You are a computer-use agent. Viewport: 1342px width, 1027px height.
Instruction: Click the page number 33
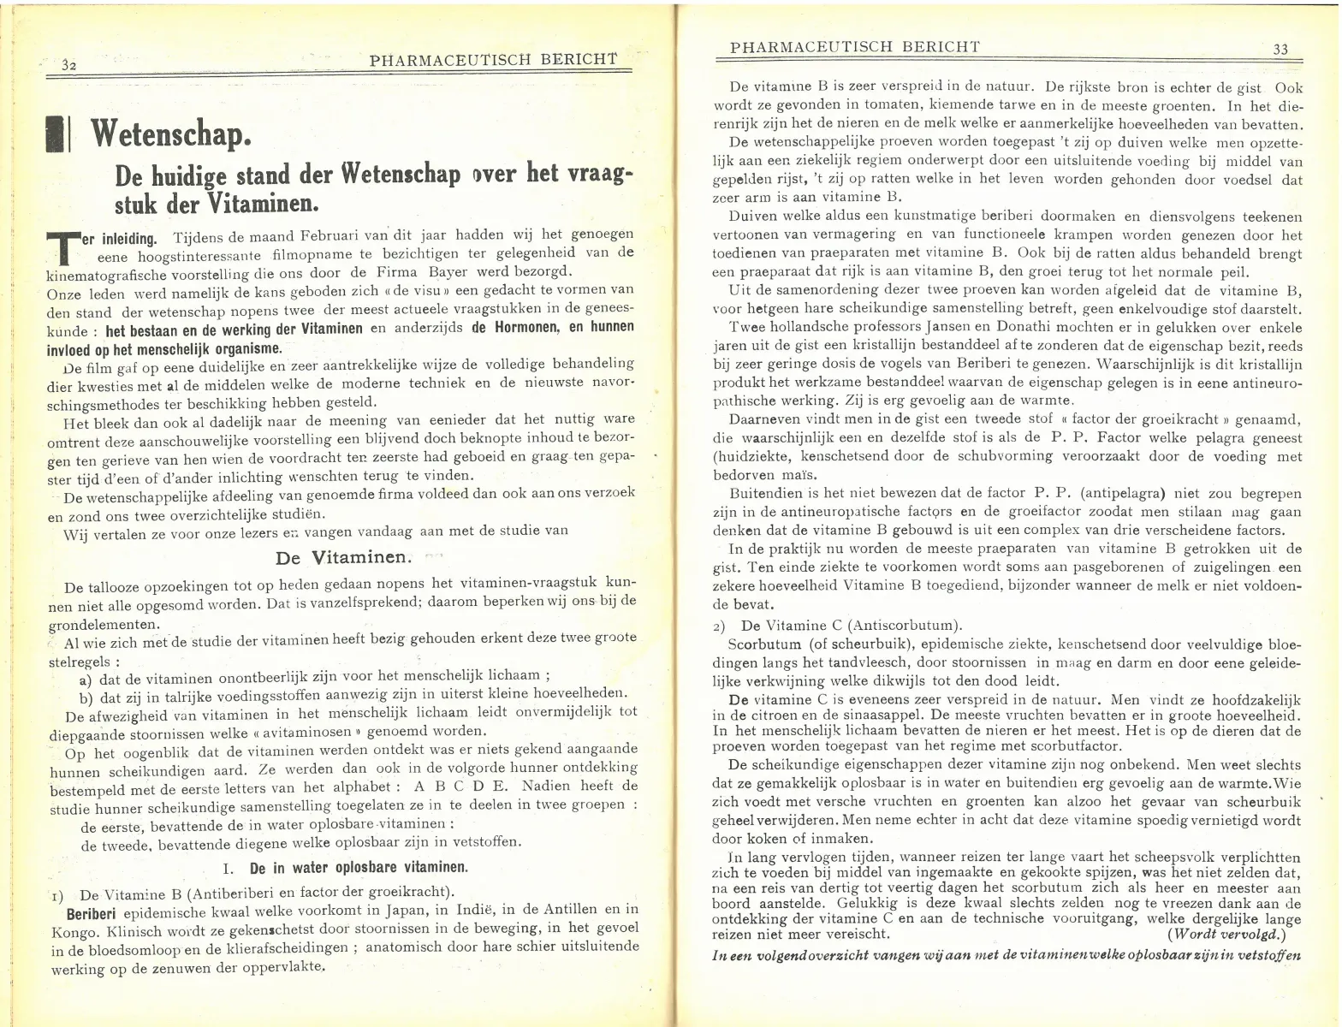(x=1280, y=50)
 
